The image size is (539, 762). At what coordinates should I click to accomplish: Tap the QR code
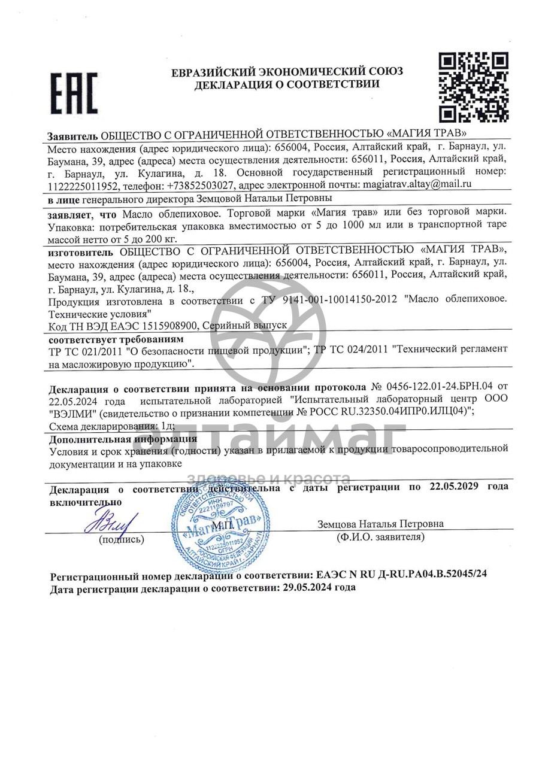[x=474, y=87]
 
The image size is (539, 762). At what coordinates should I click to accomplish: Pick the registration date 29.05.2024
[x=307, y=587]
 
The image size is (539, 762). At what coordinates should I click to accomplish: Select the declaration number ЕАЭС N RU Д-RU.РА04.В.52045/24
[x=401, y=574]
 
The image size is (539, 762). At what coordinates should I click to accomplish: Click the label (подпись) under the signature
[x=122, y=539]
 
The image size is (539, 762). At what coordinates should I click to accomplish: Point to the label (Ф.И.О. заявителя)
[x=381, y=537]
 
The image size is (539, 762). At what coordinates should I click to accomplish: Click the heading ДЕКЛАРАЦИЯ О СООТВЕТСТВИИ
[x=286, y=85]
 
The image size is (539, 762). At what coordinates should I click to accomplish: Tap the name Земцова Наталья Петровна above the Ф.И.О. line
[x=381, y=524]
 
